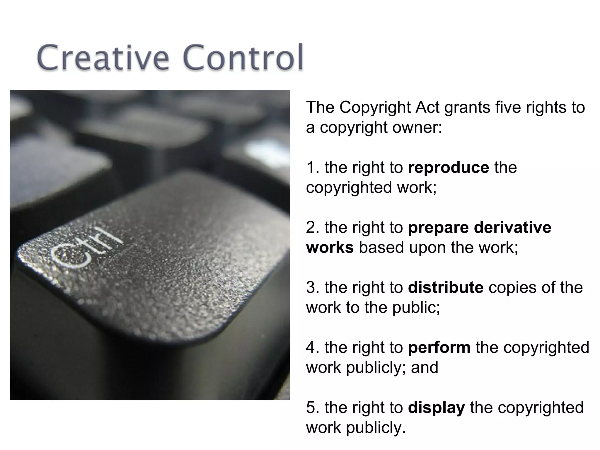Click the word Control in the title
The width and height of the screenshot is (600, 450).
[244, 58]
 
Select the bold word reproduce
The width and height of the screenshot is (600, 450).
[448, 168]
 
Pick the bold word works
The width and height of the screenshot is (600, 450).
[330, 248]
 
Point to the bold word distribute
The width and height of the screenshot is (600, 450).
[445, 287]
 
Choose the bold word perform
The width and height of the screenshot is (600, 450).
[439, 347]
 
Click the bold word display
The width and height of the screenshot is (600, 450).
[436, 408]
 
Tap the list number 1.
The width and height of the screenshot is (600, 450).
[311, 168]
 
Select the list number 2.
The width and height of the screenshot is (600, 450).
[311, 228]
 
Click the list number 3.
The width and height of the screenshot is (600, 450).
[311, 287]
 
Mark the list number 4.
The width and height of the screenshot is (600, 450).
[311, 347]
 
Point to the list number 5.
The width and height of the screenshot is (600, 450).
[311, 408]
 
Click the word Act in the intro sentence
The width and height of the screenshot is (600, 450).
[427, 108]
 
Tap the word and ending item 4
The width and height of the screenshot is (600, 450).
[425, 367]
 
